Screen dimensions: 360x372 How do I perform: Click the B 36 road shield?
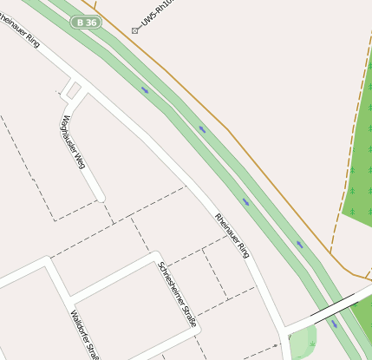[x=88, y=22]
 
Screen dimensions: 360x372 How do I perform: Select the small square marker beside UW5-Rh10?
[x=134, y=30]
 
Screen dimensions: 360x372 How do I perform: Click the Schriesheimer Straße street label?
[x=176, y=294]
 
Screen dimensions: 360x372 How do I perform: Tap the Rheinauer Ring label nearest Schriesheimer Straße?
[x=232, y=235]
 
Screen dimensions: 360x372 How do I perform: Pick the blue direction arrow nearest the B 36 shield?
[x=144, y=88]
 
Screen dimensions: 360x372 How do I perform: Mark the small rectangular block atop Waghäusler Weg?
[x=74, y=88]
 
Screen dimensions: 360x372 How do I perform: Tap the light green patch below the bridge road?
[x=302, y=343]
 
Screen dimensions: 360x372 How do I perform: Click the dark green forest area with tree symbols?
[x=357, y=165]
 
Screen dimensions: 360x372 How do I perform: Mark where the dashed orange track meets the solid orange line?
[x=330, y=252]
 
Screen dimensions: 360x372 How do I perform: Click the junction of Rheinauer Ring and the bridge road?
[x=285, y=331]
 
